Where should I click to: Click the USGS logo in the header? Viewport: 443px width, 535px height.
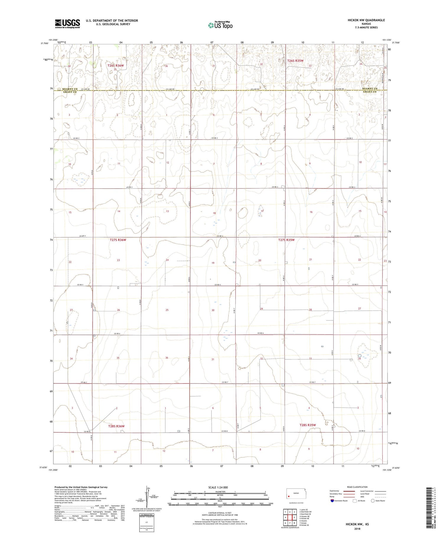coord(67,24)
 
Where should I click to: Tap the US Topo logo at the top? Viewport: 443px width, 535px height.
coord(220,25)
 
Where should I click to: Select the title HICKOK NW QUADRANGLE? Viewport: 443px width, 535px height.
coord(362,20)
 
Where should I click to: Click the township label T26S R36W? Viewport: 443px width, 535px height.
coord(115,65)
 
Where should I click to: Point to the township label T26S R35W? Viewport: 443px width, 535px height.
coord(295,60)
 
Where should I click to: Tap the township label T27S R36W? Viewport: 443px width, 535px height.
coord(118,240)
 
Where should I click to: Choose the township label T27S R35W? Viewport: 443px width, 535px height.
coord(286,240)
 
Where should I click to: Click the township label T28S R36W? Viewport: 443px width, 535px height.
coord(116,426)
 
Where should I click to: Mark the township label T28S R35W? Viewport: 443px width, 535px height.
coord(307,425)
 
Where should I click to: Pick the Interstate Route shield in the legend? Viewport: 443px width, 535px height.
coord(332,500)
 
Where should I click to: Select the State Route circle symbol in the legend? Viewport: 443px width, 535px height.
coord(372,500)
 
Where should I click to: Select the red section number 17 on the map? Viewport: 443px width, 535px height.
coord(262,211)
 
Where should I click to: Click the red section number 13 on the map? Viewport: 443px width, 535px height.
coord(167,211)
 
